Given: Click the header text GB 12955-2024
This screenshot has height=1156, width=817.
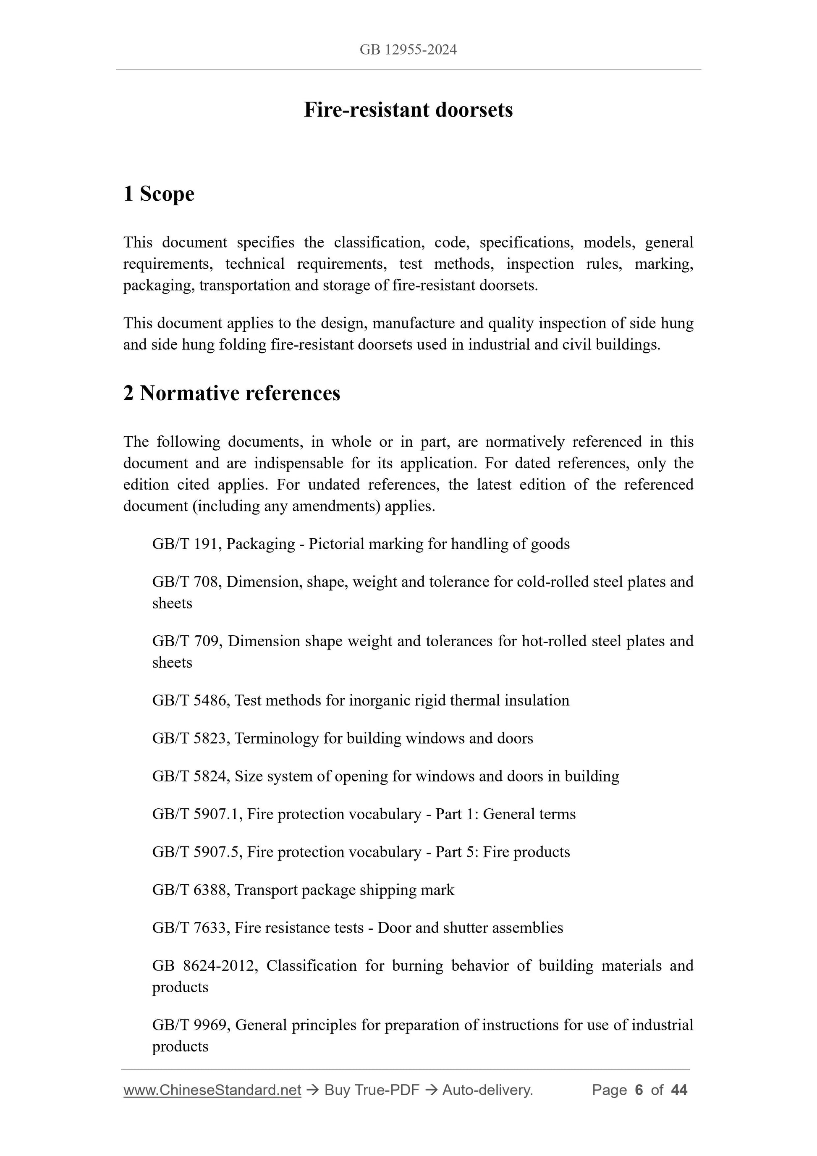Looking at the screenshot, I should point(408,50).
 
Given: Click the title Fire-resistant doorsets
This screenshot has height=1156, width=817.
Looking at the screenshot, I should point(408,110).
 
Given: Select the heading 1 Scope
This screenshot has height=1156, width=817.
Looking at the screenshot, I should point(159,194).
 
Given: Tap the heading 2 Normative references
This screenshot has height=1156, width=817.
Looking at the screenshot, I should point(232,393).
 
